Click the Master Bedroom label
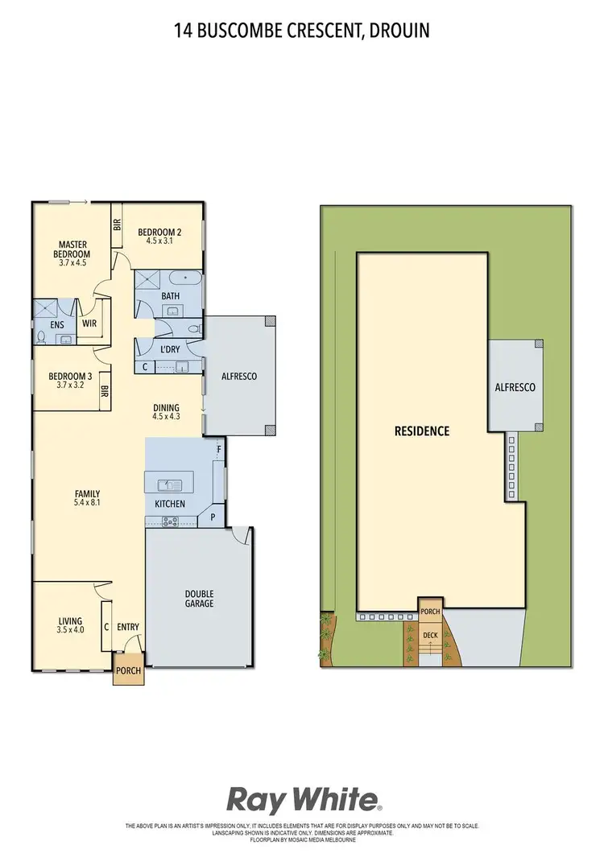coord(72,249)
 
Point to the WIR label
coord(89,324)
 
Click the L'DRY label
coord(170,350)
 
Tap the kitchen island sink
coord(170,484)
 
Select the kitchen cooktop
coord(170,521)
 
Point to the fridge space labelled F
coord(218,448)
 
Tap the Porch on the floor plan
coord(128,670)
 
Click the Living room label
coord(70,620)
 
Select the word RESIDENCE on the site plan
coord(421,431)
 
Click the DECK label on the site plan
coord(431,635)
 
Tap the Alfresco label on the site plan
coord(515,387)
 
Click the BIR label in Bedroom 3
coord(105,393)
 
